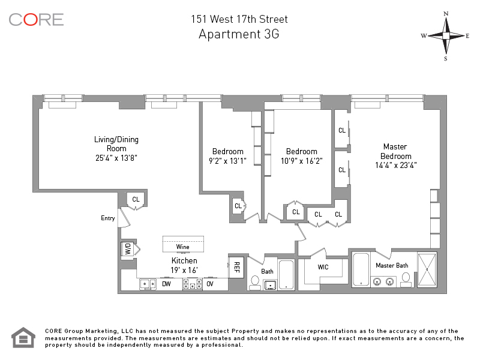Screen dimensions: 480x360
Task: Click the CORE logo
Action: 36,20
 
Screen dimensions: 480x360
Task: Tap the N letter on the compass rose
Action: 446,14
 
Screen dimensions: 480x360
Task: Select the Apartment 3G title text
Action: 239,34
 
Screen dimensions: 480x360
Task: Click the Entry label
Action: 108,218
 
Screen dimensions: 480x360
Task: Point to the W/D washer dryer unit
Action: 128,248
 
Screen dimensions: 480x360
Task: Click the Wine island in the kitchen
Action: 183,244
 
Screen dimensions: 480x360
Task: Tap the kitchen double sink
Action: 148,284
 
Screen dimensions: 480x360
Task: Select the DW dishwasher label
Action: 166,284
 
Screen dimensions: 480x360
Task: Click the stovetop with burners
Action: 192,284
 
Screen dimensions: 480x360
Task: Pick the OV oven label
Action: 209,284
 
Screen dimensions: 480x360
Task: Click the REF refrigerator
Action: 236,267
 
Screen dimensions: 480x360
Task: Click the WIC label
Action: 323,267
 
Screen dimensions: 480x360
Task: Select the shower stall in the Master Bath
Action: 427,269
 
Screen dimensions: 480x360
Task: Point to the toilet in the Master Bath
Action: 406,280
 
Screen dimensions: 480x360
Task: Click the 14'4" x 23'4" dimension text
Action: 396,166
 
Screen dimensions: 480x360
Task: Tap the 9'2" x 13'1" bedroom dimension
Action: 227,161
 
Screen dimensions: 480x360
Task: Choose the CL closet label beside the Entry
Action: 136,199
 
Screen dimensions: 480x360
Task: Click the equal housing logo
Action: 23,338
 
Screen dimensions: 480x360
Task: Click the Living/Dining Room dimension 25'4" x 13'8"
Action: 116,158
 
